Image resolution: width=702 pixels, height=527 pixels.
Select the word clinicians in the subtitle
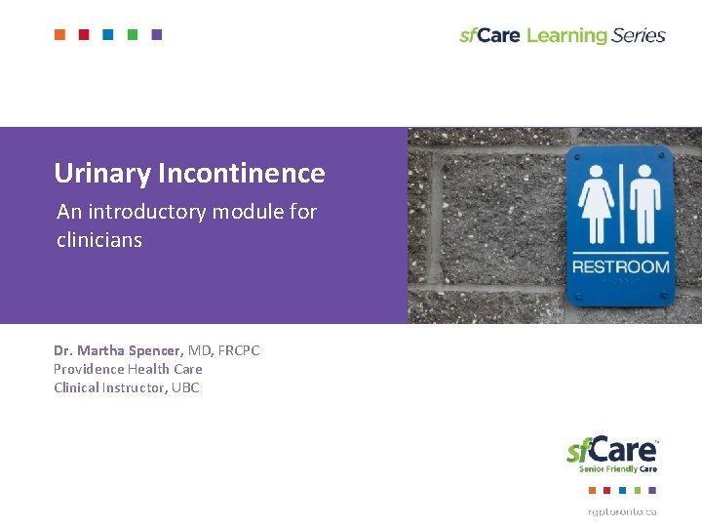pos(99,239)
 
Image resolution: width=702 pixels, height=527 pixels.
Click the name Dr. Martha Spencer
pos(117,350)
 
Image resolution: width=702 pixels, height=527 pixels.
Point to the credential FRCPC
pos(239,350)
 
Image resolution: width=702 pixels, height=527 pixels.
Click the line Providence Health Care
pos(128,369)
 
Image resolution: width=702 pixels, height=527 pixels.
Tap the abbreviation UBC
pos(185,387)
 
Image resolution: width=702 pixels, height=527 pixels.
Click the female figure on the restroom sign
pos(596,204)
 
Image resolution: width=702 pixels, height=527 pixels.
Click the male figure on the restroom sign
pos(644,204)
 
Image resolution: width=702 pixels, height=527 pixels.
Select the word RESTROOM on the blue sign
pos(620,266)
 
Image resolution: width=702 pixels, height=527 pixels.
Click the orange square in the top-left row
pos(59,35)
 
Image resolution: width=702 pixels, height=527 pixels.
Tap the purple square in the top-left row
pos(157,35)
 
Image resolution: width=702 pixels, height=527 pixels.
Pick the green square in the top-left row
pos(133,35)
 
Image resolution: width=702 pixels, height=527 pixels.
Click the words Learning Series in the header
pos(596,36)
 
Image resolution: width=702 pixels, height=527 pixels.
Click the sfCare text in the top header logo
pos(489,36)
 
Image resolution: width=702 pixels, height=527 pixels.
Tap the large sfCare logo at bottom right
pos(612,450)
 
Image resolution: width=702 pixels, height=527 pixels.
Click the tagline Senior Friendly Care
pos(618,469)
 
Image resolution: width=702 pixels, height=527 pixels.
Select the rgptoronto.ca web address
pos(621,511)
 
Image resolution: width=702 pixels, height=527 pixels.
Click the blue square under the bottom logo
pos(620,490)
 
